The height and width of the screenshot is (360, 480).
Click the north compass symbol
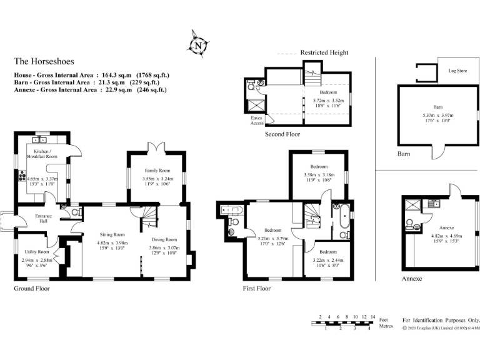198,45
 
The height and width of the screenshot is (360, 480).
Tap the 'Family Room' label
157,171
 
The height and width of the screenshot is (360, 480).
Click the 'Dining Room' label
164,239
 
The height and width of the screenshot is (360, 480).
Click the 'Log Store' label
457,71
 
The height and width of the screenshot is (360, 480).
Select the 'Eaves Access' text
257,120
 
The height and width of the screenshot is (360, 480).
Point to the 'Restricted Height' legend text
324,53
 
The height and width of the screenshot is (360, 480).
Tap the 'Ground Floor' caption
32,289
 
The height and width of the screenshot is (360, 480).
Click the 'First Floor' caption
257,289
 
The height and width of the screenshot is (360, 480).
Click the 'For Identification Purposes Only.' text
441,319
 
